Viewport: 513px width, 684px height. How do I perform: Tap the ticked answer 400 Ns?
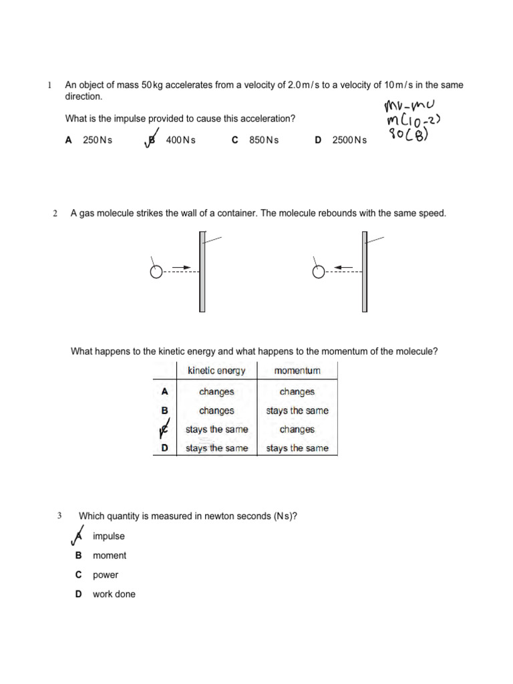pos(180,140)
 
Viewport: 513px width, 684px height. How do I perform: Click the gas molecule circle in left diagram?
pos(156,272)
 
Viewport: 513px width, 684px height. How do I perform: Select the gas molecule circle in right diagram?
pos(319,272)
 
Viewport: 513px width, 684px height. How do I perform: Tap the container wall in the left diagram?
pos(202,271)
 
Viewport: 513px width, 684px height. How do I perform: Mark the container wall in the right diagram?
pos(364,271)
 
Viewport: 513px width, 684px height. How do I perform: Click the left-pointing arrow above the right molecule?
pos(344,267)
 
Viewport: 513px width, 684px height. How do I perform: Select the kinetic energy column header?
pos(216,371)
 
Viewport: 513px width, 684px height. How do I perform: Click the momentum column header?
pos(297,371)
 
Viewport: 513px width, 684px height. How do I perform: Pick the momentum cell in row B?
pos(297,411)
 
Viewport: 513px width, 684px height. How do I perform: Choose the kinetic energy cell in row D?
pos(216,448)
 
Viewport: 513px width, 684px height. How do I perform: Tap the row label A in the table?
pos(165,392)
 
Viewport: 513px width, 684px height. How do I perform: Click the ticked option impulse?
pos(108,536)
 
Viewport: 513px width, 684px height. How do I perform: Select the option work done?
pos(114,594)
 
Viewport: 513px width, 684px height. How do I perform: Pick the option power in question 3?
pos(106,574)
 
